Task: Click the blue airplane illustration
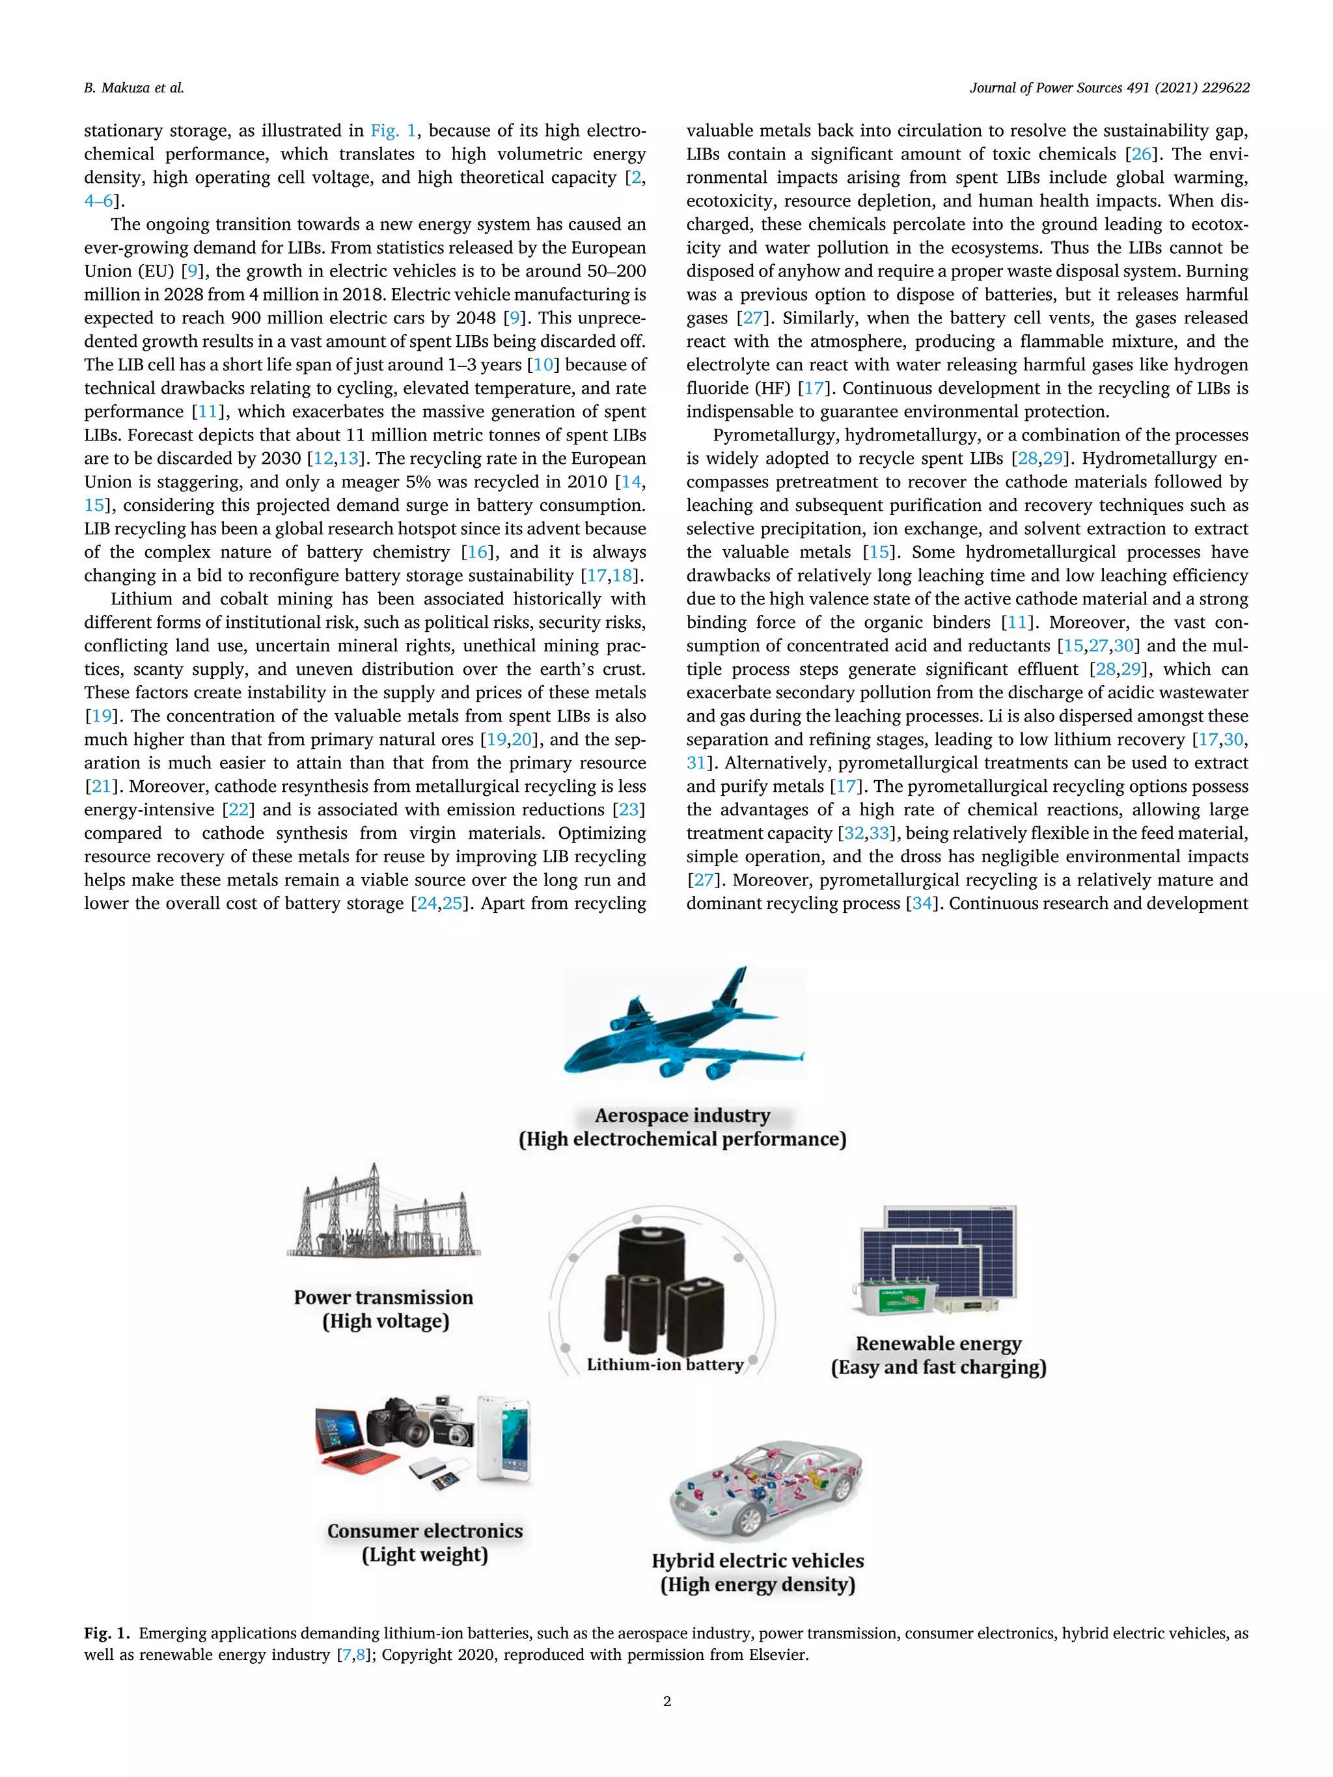pyautogui.click(x=683, y=1025)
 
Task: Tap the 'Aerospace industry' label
pyautogui.click(x=682, y=1116)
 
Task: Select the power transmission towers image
pyautogui.click(x=384, y=1213)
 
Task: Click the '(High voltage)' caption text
pyautogui.click(x=385, y=1322)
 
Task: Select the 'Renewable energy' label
pyautogui.click(x=938, y=1344)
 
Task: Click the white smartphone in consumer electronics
pyautogui.click(x=503, y=1438)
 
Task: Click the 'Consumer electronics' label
pyautogui.click(x=424, y=1531)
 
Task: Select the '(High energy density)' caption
pyautogui.click(x=757, y=1585)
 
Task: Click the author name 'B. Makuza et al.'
pyautogui.click(x=133, y=88)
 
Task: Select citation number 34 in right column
pyautogui.click(x=922, y=904)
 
